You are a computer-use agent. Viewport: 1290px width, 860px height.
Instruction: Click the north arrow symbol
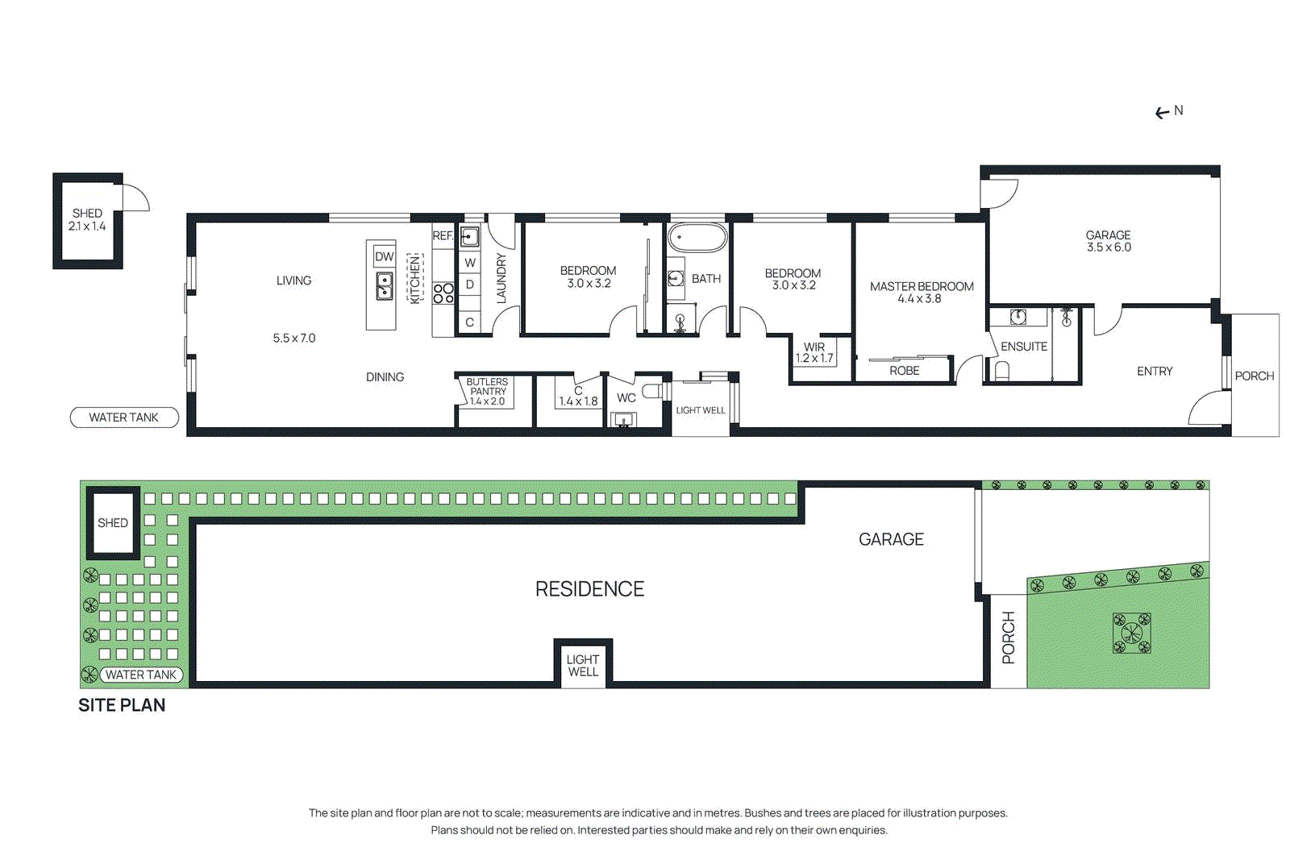1162,113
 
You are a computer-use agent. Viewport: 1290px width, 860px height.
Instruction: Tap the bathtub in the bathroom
697,238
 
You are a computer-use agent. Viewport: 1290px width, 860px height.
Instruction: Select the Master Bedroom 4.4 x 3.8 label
921,293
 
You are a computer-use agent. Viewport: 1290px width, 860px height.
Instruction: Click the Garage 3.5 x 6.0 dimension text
1109,247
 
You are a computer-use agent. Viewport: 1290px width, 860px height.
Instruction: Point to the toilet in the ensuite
1002,370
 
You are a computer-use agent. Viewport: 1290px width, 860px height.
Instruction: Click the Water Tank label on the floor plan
124,418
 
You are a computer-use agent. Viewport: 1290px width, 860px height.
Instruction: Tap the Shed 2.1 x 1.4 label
87,220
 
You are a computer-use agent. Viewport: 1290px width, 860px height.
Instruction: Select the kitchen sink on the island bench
385,285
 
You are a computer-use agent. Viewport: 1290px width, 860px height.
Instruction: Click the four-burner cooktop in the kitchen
443,293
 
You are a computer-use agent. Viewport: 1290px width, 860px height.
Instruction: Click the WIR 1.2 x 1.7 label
814,353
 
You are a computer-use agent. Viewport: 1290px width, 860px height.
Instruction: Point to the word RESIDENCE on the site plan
589,589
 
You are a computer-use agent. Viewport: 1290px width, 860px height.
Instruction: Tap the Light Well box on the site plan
583,665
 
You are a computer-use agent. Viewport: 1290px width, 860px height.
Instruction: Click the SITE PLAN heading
122,705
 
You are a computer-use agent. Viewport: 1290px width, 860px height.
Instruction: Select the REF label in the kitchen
443,236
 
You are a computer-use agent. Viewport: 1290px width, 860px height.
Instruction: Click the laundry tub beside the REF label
470,236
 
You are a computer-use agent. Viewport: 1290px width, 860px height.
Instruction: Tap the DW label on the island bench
384,256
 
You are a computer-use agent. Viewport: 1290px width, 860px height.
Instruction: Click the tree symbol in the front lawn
1131,633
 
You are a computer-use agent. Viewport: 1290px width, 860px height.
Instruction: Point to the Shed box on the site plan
113,523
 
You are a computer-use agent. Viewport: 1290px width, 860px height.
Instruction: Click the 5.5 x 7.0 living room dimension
294,339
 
